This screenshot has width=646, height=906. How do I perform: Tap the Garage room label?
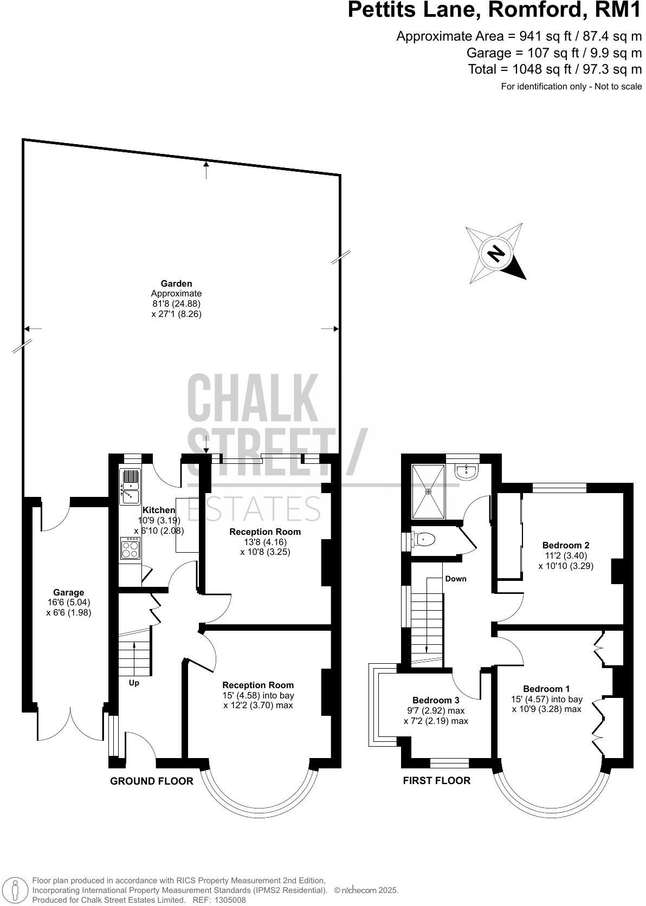[x=69, y=592]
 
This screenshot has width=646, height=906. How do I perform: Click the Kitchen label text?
[x=158, y=510]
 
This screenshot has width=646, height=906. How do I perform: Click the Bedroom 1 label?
[x=547, y=689]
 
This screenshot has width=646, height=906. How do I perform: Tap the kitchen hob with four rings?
[x=130, y=549]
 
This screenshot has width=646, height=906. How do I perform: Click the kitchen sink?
[x=130, y=486]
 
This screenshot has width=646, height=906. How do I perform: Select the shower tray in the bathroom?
[x=429, y=491]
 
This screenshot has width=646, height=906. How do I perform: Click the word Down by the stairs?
[x=455, y=579]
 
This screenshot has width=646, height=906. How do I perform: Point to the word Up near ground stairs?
[x=134, y=683]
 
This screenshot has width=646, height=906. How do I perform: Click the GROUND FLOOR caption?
[x=152, y=781]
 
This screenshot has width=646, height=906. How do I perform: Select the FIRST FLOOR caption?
[x=437, y=780]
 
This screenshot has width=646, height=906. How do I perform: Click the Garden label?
[x=176, y=283]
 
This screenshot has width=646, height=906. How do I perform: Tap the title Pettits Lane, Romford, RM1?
[x=494, y=10]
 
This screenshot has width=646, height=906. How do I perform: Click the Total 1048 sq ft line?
[x=555, y=69]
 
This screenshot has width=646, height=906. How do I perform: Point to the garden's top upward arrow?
[x=206, y=169]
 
